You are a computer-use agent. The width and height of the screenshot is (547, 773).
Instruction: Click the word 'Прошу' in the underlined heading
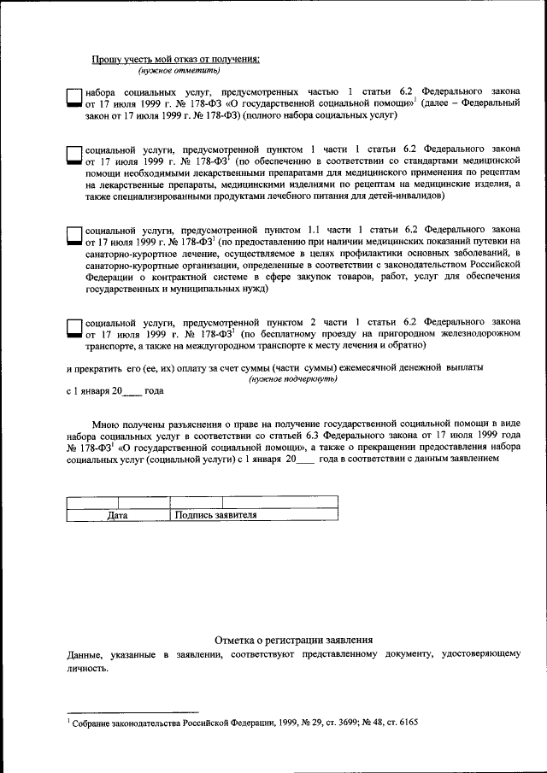tap(108, 59)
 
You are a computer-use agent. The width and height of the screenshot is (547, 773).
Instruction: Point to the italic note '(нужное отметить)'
tap(162, 70)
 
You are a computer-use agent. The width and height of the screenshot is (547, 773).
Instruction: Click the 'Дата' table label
tap(118, 515)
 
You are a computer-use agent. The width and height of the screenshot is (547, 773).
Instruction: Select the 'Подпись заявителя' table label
tap(215, 515)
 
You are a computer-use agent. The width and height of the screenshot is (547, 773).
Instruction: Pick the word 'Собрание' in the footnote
tap(94, 722)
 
